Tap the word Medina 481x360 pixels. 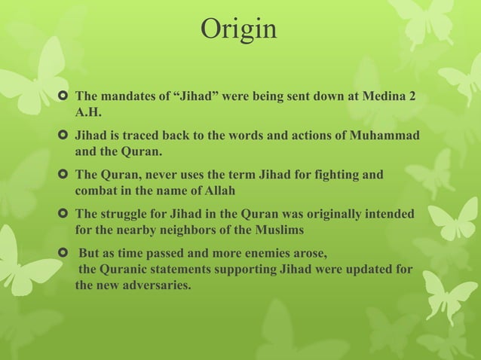[x=382, y=97]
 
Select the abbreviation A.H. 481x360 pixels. [x=88, y=112]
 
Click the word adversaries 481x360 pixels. [x=154, y=285]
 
